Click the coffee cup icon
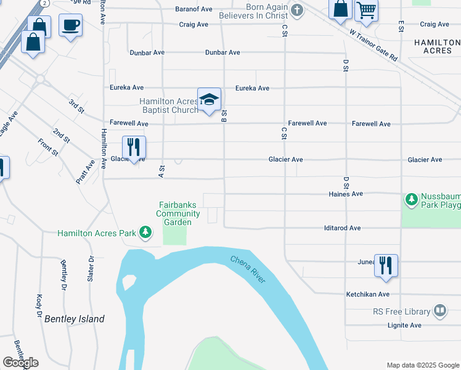[70, 25]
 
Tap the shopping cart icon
[366, 11]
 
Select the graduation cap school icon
[209, 99]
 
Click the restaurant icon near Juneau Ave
[386, 265]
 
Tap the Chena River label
[248, 269]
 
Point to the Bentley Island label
[74, 319]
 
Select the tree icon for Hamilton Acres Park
[145, 232]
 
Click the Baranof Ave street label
[194, 9]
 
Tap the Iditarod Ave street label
[342, 228]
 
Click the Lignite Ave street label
[404, 325]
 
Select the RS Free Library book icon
[440, 311]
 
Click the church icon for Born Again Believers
[297, 10]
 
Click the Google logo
[20, 363]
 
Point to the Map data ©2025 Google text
[422, 365]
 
